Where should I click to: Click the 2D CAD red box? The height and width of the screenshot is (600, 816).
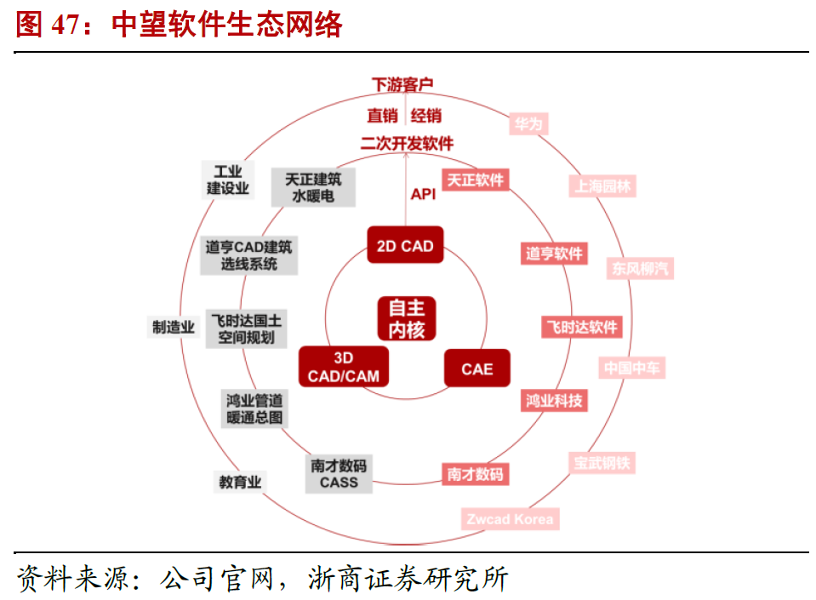point(405,246)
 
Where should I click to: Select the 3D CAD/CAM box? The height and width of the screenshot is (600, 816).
point(344,367)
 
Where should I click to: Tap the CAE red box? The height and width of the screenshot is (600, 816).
point(476,369)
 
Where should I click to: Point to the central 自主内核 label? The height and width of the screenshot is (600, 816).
point(407,318)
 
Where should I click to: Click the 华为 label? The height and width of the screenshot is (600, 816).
point(528,124)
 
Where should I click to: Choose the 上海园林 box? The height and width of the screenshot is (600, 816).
point(602,186)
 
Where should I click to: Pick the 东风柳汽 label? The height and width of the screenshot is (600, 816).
point(640,268)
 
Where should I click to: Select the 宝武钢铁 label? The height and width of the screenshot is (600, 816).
point(602,464)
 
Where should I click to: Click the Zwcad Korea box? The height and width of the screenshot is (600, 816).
point(511,518)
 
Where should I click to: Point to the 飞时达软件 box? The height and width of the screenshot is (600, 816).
point(582,327)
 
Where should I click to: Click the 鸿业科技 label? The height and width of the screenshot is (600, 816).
point(554,400)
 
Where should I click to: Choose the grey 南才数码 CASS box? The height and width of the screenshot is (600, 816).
point(339,474)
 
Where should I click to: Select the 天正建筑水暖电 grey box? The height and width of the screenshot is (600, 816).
point(313,187)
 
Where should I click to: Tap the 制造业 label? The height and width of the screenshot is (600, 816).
point(174,326)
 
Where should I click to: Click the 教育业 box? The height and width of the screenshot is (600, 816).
point(240,482)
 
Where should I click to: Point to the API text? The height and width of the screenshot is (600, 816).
point(423,194)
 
